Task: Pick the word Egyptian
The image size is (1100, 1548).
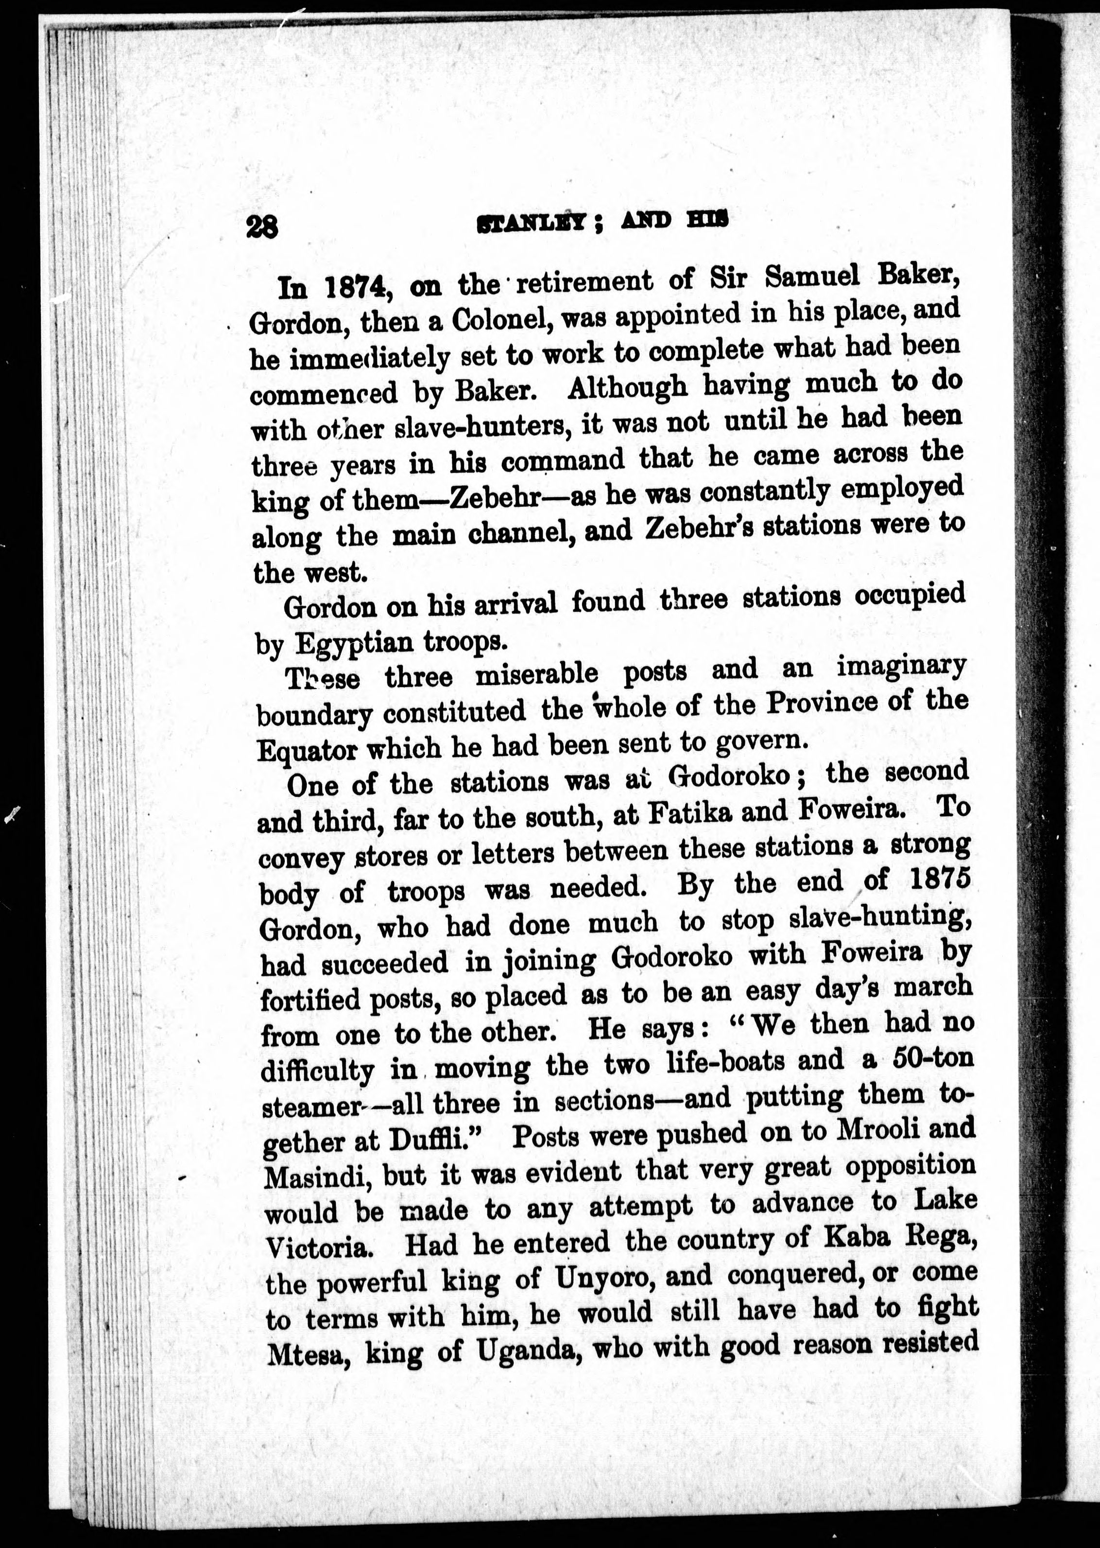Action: click(355, 641)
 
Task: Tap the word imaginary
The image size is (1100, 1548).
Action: click(902, 667)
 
